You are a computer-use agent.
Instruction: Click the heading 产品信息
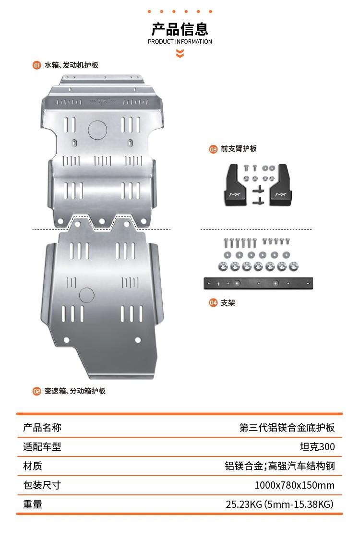click(x=180, y=29)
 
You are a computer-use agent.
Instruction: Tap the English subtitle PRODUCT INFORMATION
click(x=180, y=42)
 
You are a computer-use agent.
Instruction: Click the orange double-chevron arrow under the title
click(x=180, y=53)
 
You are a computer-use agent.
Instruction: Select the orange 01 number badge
click(x=36, y=65)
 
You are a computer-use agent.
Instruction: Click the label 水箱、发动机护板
click(x=72, y=65)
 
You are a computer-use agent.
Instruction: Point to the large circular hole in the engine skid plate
click(x=97, y=130)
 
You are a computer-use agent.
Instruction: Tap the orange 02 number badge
click(x=36, y=391)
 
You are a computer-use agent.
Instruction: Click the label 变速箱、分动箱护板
click(x=75, y=391)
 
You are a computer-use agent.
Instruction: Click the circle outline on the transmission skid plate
click(x=86, y=295)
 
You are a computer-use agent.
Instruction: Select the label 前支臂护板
click(x=239, y=149)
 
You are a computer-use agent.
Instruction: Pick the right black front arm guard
click(x=280, y=185)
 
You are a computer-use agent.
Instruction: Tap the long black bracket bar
click(x=258, y=283)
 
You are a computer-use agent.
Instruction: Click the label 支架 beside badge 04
click(x=228, y=303)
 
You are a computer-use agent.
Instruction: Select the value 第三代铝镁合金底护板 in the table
click(x=287, y=427)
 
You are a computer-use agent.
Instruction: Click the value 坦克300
click(x=317, y=447)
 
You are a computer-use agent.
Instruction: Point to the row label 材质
click(x=33, y=466)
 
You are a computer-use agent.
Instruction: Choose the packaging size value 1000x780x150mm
click(x=295, y=485)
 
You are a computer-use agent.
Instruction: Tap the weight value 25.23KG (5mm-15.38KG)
click(x=280, y=504)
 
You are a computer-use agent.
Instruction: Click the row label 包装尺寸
click(x=42, y=485)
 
